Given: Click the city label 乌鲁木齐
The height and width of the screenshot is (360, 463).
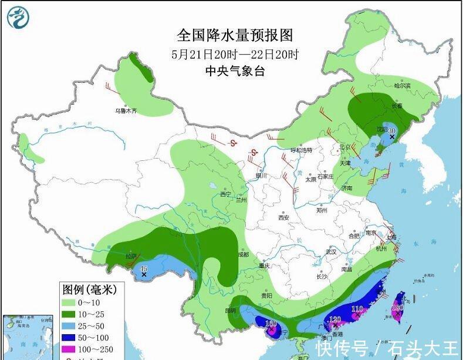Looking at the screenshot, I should click(x=125, y=110).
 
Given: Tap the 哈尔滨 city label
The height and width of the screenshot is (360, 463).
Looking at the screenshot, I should click(x=403, y=86).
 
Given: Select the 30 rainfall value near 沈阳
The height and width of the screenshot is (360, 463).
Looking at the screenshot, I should click(x=393, y=130).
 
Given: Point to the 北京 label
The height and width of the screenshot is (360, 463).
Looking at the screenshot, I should click(x=344, y=147).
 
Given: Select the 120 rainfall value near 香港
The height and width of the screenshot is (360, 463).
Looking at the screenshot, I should click(x=335, y=320).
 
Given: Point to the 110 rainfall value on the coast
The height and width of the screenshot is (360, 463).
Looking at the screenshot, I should click(x=357, y=309).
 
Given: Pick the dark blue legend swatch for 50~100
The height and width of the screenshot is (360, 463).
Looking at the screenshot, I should click(x=70, y=338).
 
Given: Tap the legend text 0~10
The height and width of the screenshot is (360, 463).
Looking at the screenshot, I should click(x=91, y=302).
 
